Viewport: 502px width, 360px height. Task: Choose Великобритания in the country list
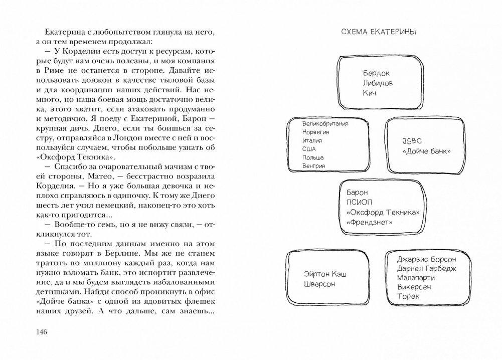tap(325, 123)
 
